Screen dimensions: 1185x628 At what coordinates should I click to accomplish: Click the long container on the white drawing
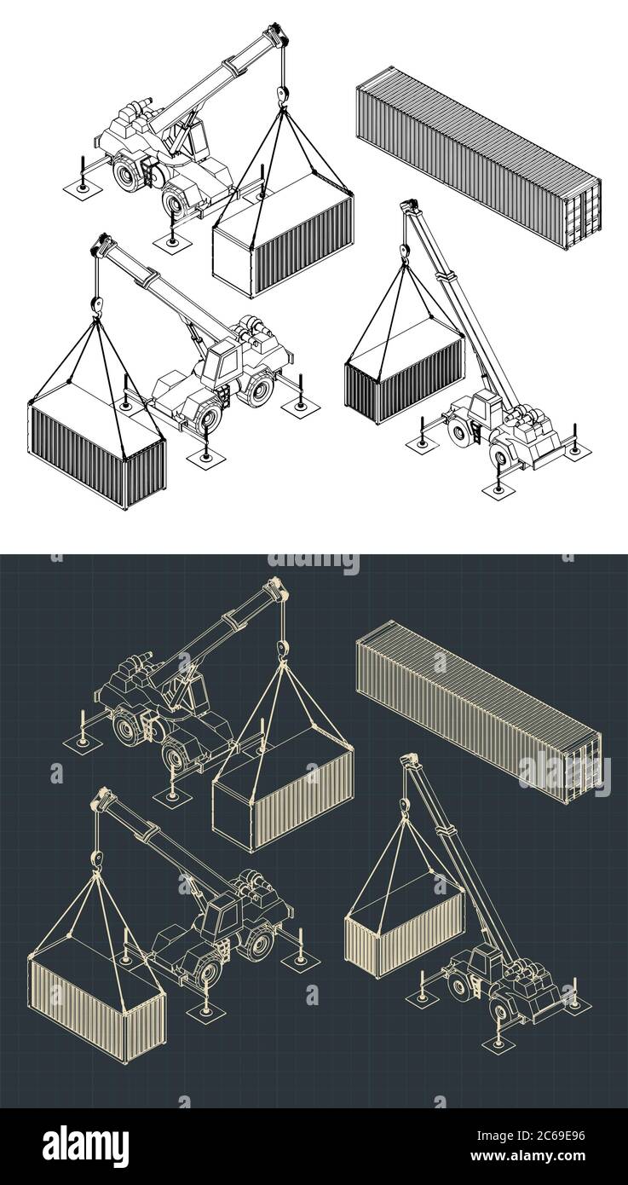click(x=477, y=158)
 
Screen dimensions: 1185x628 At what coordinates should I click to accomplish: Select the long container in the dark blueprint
click(x=477, y=712)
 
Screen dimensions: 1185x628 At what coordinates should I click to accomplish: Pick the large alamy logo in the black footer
click(x=85, y=1146)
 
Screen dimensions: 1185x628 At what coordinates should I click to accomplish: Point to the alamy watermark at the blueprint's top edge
click(x=314, y=564)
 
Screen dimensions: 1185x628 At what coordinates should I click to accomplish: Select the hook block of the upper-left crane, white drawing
click(x=280, y=95)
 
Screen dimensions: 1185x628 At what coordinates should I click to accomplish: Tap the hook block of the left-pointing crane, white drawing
click(x=96, y=304)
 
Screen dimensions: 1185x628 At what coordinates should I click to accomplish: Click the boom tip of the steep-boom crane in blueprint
click(x=409, y=760)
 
